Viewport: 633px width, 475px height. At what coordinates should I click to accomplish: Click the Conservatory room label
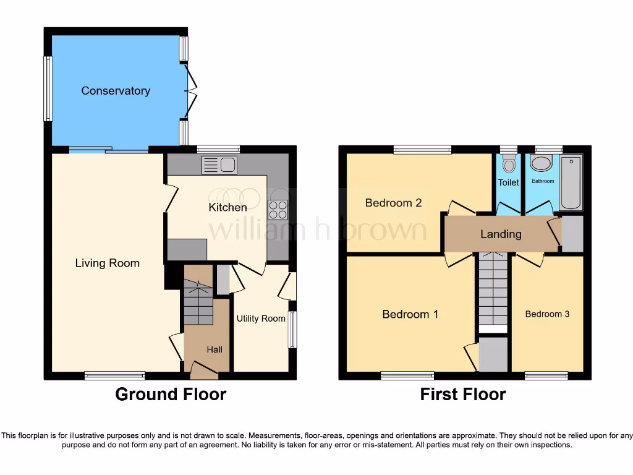coord(116,91)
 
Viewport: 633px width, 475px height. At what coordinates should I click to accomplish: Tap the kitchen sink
coord(219,165)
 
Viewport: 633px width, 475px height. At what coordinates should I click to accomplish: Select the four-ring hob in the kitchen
coord(278,210)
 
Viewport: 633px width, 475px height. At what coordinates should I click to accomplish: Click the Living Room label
coord(108,263)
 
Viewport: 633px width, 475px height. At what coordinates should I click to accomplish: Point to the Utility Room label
coord(261,319)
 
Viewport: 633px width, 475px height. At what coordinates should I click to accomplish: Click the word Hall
coord(215,349)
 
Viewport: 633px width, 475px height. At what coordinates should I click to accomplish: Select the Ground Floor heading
coord(171,394)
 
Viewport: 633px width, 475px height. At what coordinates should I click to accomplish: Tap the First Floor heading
coord(463,394)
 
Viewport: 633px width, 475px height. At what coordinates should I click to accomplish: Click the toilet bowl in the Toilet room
coord(509,164)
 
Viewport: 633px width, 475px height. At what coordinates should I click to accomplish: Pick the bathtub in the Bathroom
coord(571,182)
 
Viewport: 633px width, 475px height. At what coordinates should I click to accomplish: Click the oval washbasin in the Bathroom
coord(542,164)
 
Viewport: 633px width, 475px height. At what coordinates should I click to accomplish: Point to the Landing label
coord(501,234)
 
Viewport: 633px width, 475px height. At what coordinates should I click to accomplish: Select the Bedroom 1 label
coord(410,314)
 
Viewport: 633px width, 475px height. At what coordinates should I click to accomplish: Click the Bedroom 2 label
coord(393,203)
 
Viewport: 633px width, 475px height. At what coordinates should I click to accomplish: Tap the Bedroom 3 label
coord(547,314)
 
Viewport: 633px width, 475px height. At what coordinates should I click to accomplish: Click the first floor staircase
coord(493,291)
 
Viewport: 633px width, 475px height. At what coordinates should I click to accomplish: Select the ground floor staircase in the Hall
coord(198,303)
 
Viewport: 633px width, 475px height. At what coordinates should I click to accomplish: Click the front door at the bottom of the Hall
coord(204,371)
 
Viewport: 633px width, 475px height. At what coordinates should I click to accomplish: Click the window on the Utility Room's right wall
coord(293,329)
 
